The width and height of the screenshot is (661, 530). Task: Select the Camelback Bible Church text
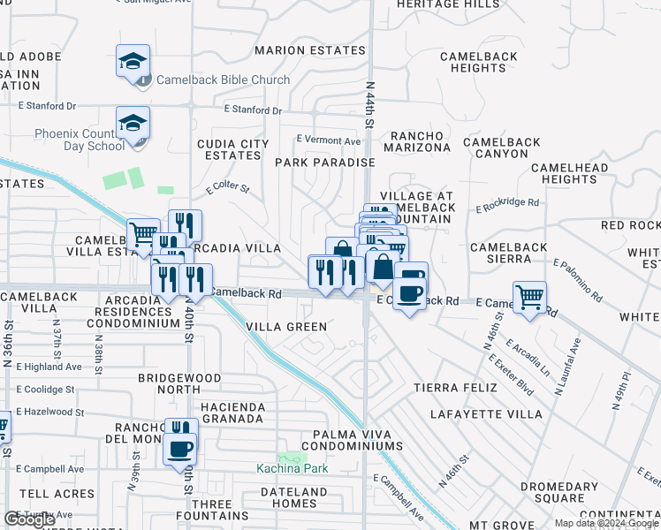(x=223, y=79)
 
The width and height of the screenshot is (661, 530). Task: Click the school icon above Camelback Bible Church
(x=133, y=62)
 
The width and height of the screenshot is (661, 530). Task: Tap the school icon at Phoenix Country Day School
(x=133, y=124)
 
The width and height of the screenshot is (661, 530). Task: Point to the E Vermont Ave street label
(x=328, y=140)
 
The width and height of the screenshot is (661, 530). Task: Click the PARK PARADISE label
(x=325, y=163)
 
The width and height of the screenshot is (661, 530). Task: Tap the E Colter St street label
(x=228, y=188)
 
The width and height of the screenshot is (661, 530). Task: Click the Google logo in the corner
(x=29, y=519)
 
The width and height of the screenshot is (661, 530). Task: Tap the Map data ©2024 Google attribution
(x=606, y=523)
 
